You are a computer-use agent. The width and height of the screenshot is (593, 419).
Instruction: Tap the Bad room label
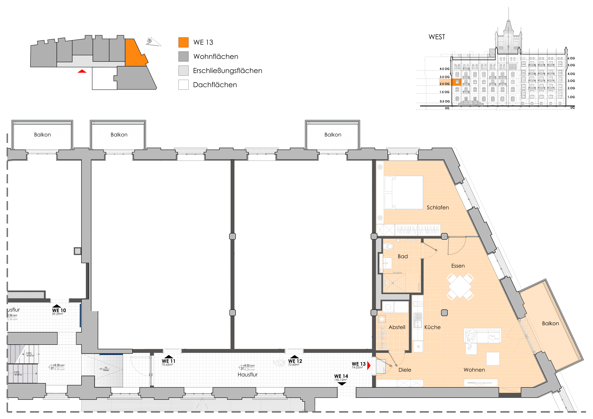(403, 256)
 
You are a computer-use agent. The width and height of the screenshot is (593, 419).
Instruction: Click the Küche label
(432, 327)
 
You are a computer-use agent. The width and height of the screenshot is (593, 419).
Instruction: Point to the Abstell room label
(397, 327)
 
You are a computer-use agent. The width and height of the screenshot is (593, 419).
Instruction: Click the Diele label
(405, 370)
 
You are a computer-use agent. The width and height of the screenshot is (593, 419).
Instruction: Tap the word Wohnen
(474, 370)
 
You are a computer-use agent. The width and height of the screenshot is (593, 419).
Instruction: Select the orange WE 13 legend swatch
(183, 42)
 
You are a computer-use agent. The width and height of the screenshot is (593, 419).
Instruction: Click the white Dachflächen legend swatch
(183, 85)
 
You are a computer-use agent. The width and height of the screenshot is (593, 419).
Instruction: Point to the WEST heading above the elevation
(437, 37)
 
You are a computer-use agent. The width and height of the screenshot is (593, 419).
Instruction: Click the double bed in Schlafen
(404, 192)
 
